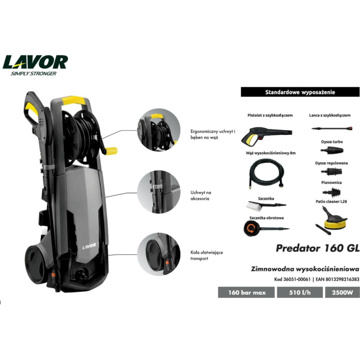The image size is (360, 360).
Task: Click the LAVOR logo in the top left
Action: click(35, 62)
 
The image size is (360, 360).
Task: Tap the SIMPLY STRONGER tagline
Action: click(33, 73)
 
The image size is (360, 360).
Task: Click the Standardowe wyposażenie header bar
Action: click(300, 92)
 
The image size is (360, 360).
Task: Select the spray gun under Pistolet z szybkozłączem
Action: click(266, 136)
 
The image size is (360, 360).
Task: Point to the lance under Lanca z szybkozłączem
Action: click(332, 128)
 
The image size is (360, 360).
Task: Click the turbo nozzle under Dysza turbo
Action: click(332, 150)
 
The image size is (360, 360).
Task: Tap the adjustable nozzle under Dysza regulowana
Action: click(332, 171)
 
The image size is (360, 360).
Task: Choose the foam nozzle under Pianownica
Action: click(331, 192)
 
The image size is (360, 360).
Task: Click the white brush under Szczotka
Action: click(266, 206)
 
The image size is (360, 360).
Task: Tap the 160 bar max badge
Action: click(246, 292)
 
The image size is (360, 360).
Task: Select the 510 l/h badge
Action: click(300, 292)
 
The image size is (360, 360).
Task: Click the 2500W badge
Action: click(342, 292)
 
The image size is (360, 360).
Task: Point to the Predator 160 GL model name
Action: click(318, 248)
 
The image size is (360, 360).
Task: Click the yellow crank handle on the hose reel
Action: click(111, 151)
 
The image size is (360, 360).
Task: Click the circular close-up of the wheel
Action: click(159, 254)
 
